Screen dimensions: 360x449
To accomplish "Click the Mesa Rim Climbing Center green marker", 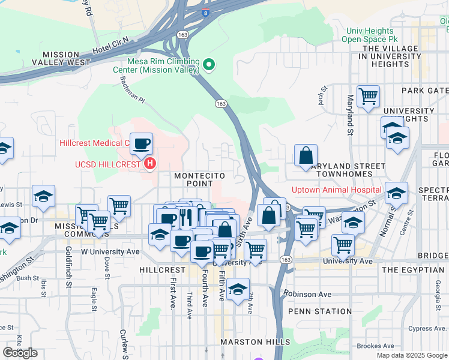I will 208,63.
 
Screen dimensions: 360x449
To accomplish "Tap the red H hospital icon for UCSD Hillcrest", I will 149,163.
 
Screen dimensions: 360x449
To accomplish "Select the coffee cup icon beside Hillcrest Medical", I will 142,144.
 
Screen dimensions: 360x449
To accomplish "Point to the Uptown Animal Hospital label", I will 336,190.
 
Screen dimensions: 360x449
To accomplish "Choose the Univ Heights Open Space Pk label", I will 367,35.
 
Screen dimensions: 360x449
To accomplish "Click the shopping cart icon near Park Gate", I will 368,96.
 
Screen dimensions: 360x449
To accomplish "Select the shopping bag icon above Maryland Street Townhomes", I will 306,156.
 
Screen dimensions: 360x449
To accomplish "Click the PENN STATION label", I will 320,311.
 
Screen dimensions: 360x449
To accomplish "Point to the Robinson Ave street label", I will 308,295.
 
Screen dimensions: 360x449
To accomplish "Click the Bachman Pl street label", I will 132,89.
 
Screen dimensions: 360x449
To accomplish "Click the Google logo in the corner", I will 20,353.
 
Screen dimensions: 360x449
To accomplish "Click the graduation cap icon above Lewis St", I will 44,197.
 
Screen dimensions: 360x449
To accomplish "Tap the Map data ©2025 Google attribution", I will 411,355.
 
